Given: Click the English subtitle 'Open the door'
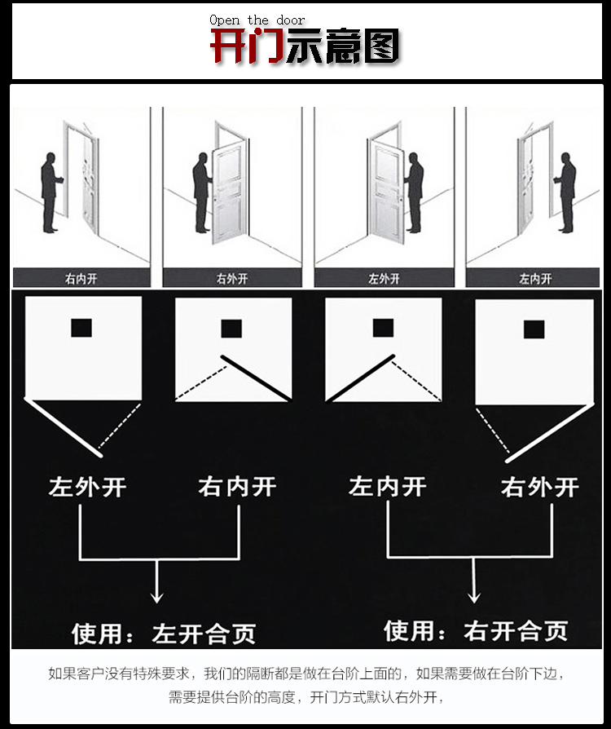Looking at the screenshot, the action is pyautogui.click(x=257, y=20).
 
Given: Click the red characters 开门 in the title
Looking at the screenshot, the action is pyautogui.click(x=247, y=46).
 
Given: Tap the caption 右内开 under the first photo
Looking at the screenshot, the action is pyautogui.click(x=81, y=279).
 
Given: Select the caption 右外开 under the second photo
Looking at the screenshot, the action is pyautogui.click(x=232, y=279).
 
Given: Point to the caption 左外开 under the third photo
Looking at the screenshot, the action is pyautogui.click(x=385, y=279).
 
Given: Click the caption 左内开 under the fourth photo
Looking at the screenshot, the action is pyautogui.click(x=535, y=279).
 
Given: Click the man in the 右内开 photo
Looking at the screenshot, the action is pyautogui.click(x=51, y=192).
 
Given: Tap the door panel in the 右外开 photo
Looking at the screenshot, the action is pyautogui.click(x=229, y=192).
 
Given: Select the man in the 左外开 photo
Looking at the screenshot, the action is pyautogui.click(x=414, y=192).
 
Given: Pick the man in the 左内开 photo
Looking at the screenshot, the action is pyautogui.click(x=565, y=192).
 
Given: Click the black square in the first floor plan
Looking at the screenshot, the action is pyautogui.click(x=81, y=328).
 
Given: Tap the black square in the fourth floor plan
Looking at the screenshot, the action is pyautogui.click(x=534, y=329).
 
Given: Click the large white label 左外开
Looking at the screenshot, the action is pyautogui.click(x=88, y=487).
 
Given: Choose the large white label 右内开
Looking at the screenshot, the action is pyautogui.click(x=237, y=486).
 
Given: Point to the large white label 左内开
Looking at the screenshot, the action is pyautogui.click(x=388, y=486).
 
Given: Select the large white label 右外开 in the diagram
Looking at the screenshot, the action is pyautogui.click(x=540, y=487).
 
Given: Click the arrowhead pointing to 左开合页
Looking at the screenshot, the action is pyautogui.click(x=157, y=598).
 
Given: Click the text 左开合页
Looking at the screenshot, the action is pyautogui.click(x=204, y=634).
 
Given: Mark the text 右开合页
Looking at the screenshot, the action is pyautogui.click(x=516, y=631).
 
